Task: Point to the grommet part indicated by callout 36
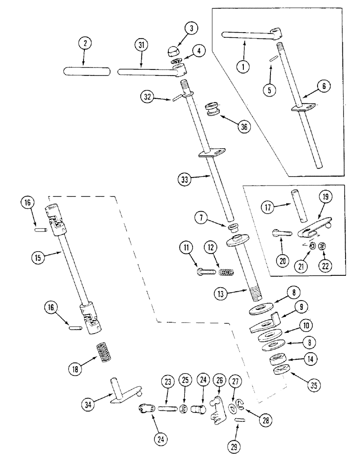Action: click(214, 113)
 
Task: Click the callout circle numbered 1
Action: click(242, 67)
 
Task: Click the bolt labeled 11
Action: click(203, 271)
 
